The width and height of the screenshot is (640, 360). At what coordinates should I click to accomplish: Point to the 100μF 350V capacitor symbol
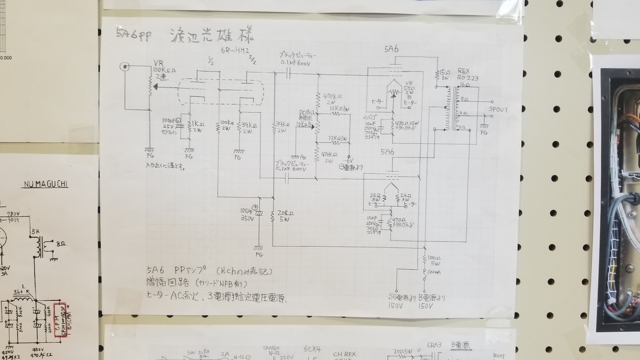(x=259, y=213)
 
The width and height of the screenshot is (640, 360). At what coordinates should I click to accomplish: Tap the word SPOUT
(x=498, y=110)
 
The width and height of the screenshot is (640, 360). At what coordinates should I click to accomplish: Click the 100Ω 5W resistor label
(x=434, y=260)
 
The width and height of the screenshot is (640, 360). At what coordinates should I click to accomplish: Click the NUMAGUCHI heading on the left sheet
(x=45, y=185)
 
